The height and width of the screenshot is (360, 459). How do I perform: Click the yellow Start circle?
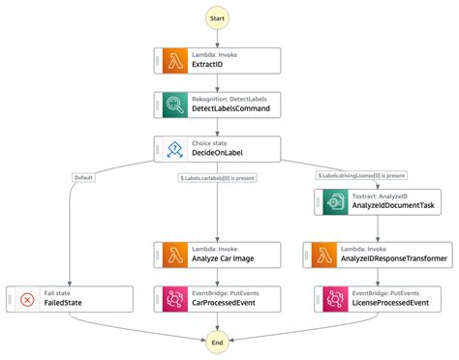(218, 19)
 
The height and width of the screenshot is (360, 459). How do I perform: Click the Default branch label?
(83, 176)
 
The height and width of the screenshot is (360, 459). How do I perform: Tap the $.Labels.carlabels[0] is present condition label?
(218, 176)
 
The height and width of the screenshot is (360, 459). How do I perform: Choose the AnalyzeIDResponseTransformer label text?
(399, 259)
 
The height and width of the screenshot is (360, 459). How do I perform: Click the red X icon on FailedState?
(26, 298)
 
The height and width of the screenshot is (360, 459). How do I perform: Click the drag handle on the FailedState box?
(10, 298)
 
